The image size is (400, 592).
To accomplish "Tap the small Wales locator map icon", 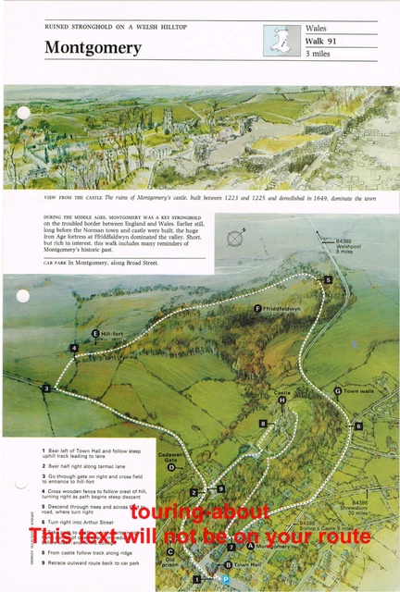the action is click(x=277, y=42).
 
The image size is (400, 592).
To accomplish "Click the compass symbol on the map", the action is click(x=237, y=240).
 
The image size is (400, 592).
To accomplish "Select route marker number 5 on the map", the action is click(x=328, y=279).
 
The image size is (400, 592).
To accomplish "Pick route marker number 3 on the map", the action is click(x=45, y=388).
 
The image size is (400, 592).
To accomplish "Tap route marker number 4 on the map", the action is click(x=73, y=348).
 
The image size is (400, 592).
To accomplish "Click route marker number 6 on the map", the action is click(x=358, y=425).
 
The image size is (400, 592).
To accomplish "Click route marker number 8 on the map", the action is click(x=263, y=423).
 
